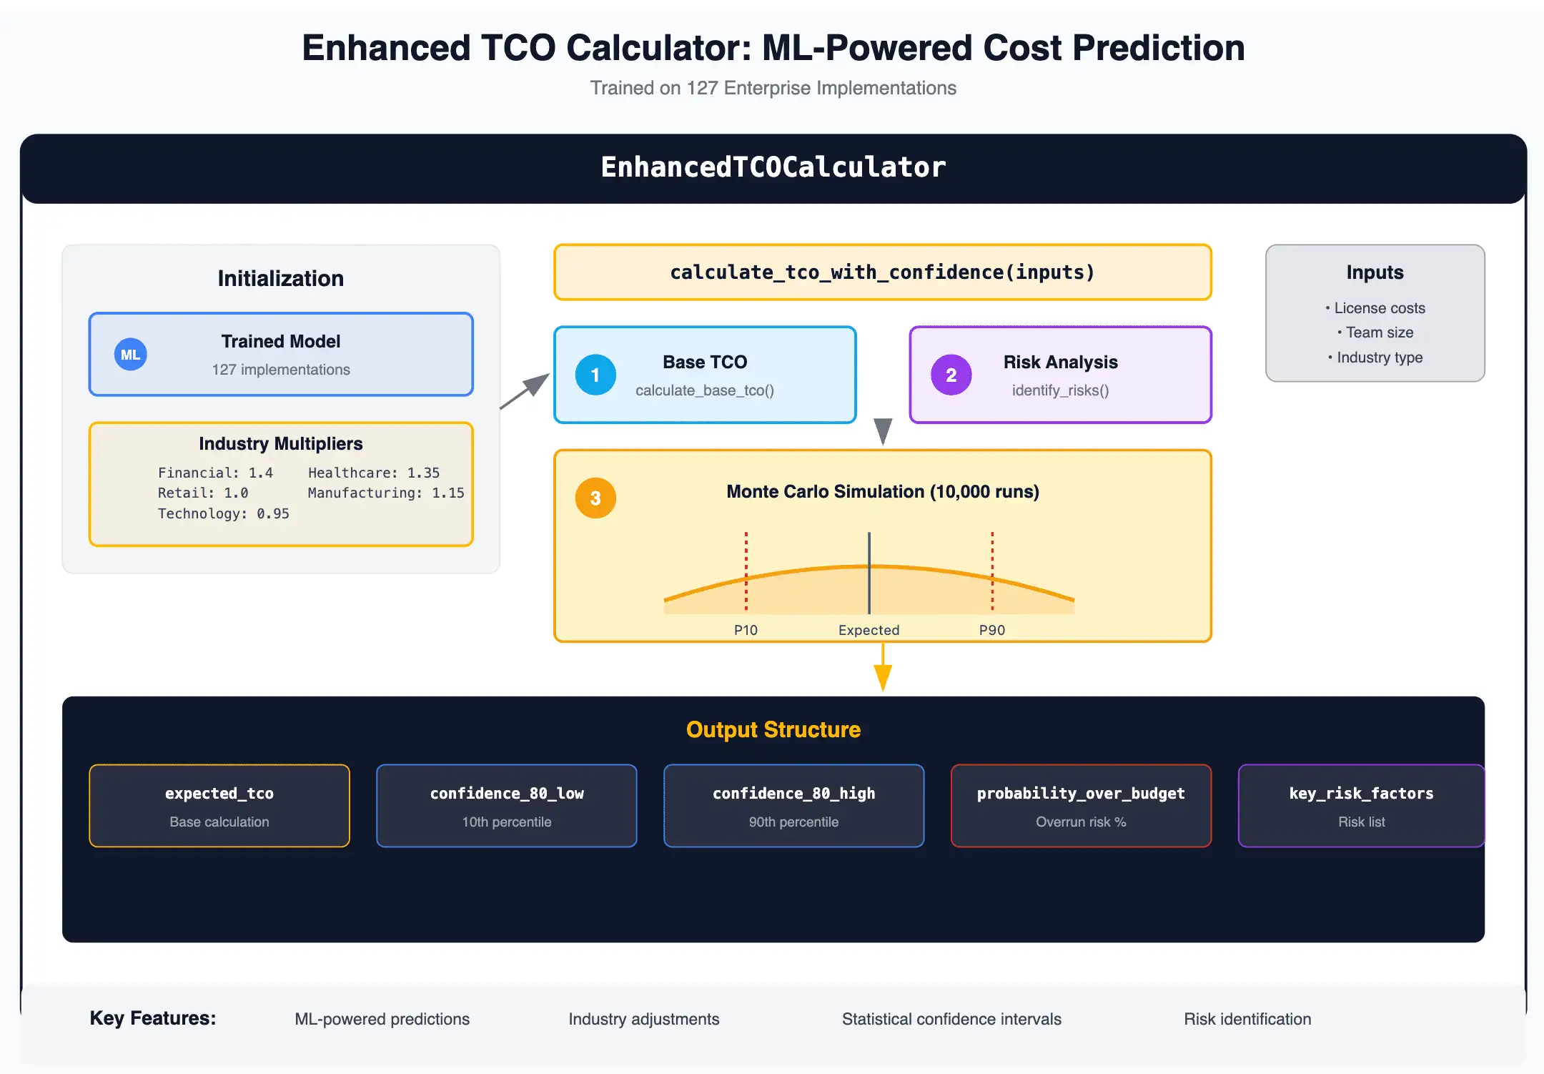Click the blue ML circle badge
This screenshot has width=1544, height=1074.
point(130,355)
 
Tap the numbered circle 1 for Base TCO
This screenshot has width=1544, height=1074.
point(595,375)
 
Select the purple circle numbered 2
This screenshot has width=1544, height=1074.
point(951,375)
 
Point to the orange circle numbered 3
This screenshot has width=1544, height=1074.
point(595,498)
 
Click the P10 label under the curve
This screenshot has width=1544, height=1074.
point(746,630)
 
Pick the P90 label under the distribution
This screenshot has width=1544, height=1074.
point(992,630)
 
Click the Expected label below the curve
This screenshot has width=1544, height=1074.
point(868,630)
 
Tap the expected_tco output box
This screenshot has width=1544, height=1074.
point(219,806)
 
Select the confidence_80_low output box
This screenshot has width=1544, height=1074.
point(507,806)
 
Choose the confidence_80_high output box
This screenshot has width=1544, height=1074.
point(794,806)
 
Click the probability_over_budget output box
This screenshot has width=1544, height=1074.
point(1082,806)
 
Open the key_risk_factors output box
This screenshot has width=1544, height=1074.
point(1362,806)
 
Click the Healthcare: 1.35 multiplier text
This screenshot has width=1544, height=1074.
point(374,473)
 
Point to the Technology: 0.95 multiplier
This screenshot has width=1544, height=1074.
point(224,513)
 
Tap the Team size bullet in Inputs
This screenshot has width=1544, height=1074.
point(1375,332)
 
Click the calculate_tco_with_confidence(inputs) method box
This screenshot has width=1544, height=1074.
point(883,272)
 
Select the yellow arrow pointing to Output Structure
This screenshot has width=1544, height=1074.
point(883,666)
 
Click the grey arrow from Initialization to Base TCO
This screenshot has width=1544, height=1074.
point(525,390)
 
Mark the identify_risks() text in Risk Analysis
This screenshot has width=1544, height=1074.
point(1060,390)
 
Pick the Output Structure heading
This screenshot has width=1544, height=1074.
point(773,729)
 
